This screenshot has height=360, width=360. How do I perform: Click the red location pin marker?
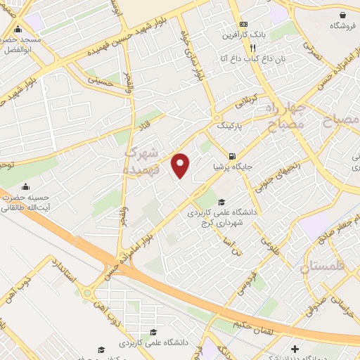(181, 165)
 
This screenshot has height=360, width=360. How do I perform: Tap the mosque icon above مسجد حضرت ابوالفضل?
(18, 30)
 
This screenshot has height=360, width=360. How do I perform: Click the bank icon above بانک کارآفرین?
(243, 23)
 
